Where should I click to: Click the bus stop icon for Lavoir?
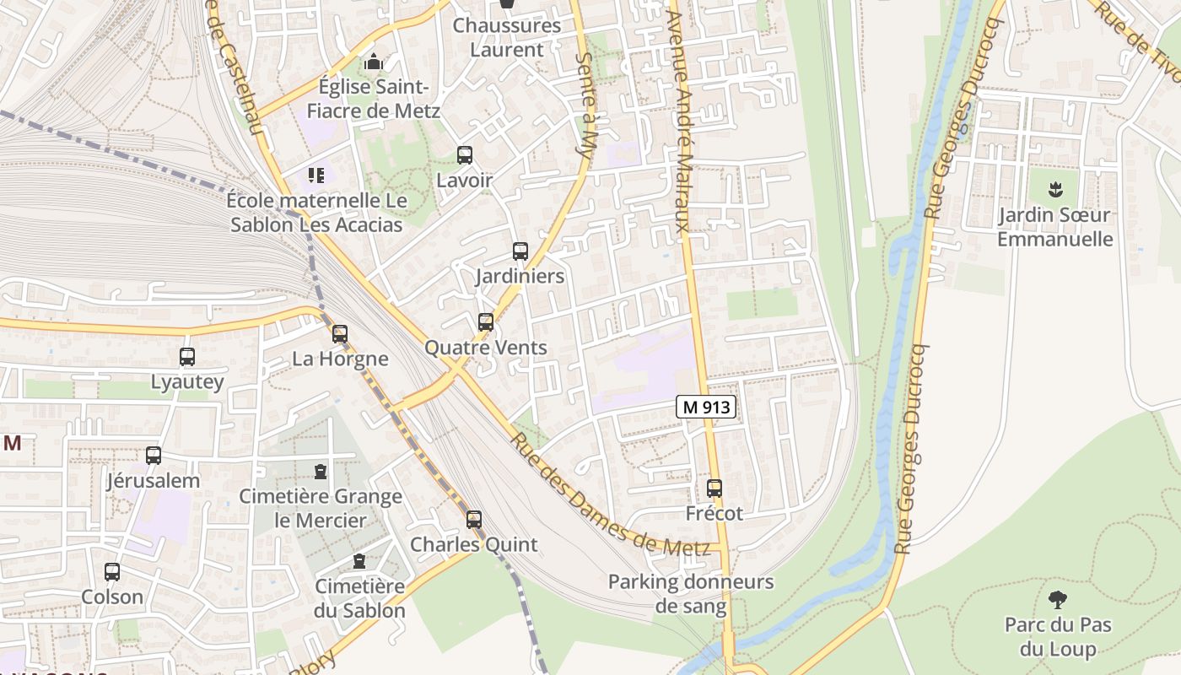point(464,155)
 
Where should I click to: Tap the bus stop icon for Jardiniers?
point(520,251)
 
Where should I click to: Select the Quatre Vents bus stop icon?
point(485,322)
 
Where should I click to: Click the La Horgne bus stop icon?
point(340,334)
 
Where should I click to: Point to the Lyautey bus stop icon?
point(187,357)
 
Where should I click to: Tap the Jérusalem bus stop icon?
point(154,456)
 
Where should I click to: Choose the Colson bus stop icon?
point(112,572)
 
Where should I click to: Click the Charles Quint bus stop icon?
point(474,520)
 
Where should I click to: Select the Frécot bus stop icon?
point(715,489)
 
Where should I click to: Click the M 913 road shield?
point(706,407)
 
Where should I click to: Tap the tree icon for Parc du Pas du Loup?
point(1058,600)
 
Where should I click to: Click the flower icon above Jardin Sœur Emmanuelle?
point(1054,189)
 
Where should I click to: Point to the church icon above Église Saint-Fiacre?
point(373,62)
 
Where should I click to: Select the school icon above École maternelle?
point(316,175)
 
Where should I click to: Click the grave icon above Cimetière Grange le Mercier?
point(320,471)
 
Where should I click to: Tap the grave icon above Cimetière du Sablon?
point(359,561)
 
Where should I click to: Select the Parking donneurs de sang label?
point(690,594)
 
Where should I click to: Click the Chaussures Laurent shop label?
point(506,37)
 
